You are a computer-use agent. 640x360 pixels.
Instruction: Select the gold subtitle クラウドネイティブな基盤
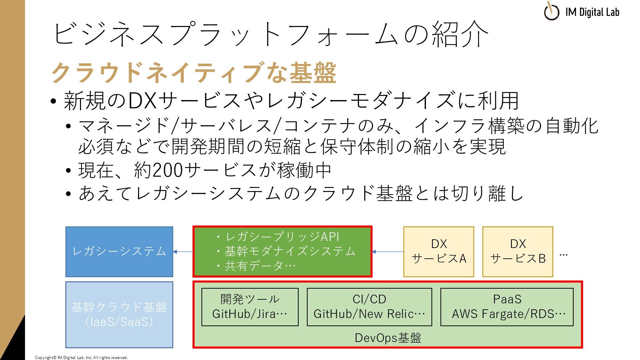[193, 73]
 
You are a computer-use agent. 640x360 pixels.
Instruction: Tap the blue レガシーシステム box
[119, 252]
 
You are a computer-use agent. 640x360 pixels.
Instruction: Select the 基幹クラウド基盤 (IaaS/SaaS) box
[119, 315]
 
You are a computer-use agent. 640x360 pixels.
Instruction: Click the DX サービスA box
[438, 252]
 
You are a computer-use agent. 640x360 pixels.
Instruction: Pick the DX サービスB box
[517, 252]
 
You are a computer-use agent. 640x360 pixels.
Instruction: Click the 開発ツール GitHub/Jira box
[250, 307]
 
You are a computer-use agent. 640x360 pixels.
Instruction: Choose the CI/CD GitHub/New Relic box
[369, 307]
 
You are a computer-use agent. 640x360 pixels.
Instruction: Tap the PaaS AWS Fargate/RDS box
[507, 307]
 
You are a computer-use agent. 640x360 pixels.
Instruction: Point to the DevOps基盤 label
[388, 338]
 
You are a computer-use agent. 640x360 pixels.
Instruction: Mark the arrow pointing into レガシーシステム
[183, 252]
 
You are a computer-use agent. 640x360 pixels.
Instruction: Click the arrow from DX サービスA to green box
[387, 252]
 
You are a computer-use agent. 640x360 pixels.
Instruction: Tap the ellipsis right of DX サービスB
[563, 255]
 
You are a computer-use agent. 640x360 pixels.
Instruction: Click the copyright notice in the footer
[81, 358]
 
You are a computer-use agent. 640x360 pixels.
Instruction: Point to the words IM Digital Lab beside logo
[592, 12]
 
